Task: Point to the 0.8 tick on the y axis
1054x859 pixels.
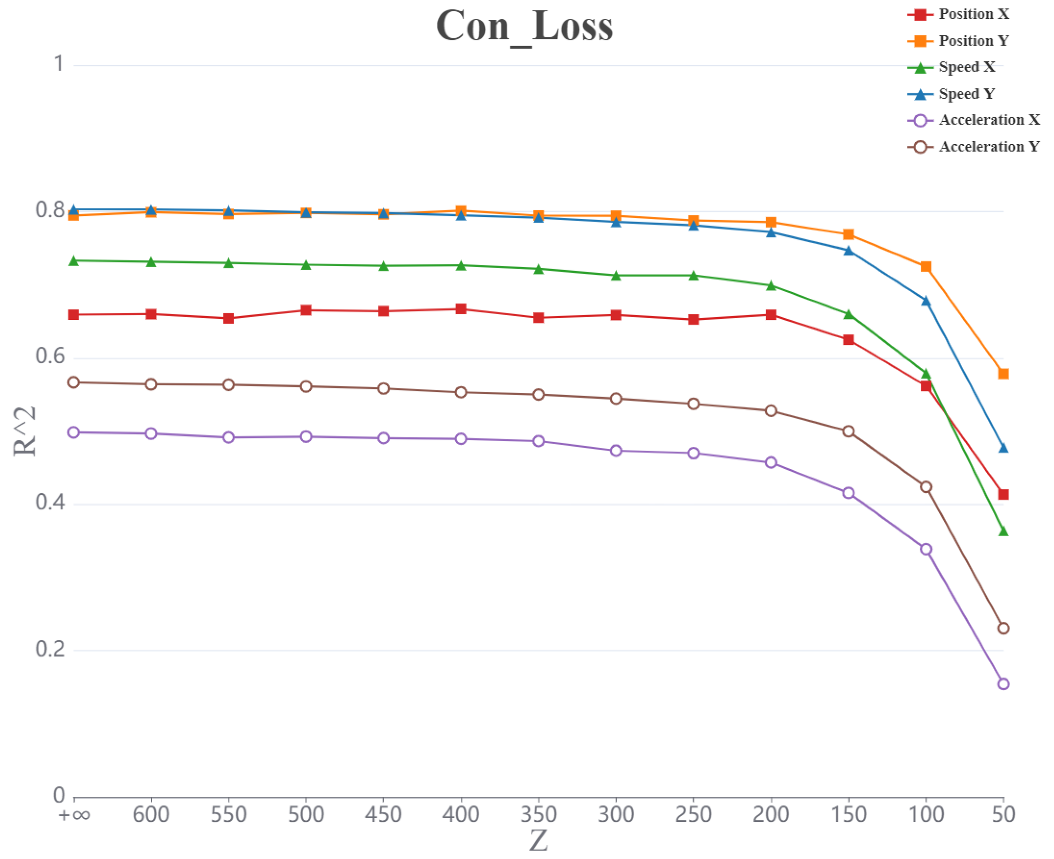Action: point(50,210)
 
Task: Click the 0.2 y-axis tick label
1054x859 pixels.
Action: point(50,649)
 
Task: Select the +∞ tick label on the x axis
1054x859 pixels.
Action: point(74,814)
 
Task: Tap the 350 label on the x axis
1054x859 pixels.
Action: point(538,814)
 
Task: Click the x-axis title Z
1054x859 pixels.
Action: point(538,841)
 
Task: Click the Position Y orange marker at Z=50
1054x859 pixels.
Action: point(1003,374)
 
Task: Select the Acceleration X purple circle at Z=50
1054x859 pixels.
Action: point(1003,684)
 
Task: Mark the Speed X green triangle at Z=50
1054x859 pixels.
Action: point(1003,532)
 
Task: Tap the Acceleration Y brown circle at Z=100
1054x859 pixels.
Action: point(926,487)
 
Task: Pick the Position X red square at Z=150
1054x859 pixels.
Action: point(848,340)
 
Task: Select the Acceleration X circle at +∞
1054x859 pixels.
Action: point(74,432)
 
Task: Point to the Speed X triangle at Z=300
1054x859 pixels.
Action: point(616,276)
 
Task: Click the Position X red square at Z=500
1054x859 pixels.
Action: point(306,310)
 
